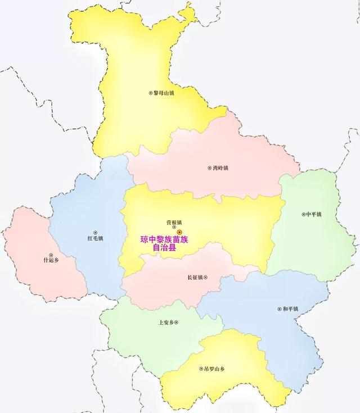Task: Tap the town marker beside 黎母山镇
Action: coord(150,93)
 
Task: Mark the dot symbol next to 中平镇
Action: coord(303,214)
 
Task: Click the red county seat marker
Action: coord(179,232)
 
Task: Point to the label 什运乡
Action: coord(51,260)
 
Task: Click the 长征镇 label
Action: coord(195,277)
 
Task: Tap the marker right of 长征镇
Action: coord(207,277)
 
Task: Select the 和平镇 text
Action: coord(291,309)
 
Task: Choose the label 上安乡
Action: coord(166,323)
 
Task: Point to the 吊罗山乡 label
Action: coord(214,369)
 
